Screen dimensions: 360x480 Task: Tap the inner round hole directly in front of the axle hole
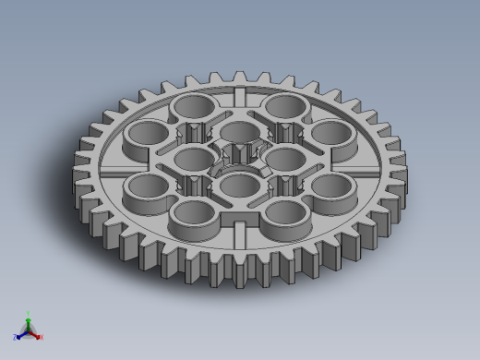pyautogui.click(x=239, y=187)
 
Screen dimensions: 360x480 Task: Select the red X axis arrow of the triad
pyautogui.click(x=36, y=335)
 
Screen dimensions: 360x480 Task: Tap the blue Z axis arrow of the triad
pyautogui.click(x=19, y=335)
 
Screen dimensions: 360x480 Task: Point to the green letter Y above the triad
pyautogui.click(x=28, y=313)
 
